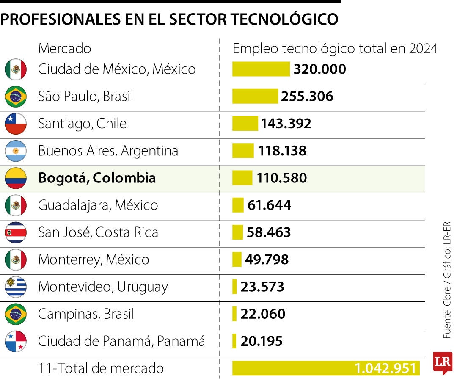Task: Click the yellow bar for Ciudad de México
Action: [261, 69]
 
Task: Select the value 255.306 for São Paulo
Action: [307, 97]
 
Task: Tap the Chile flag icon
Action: [16, 124]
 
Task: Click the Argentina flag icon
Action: [16, 151]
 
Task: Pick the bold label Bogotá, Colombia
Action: [97, 178]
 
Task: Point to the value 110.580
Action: [281, 178]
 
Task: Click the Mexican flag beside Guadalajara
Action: [16, 205]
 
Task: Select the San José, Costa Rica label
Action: [98, 232]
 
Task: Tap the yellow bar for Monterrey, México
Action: [237, 260]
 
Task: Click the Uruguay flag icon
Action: [16, 287]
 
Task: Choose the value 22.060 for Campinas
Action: [263, 314]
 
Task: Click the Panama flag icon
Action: [16, 341]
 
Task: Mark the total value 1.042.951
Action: [385, 368]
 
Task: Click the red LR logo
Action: [443, 363]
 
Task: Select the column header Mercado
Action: [64, 48]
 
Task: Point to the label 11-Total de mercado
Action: [101, 368]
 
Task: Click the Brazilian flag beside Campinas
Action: [16, 314]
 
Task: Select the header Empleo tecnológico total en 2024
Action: [335, 48]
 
